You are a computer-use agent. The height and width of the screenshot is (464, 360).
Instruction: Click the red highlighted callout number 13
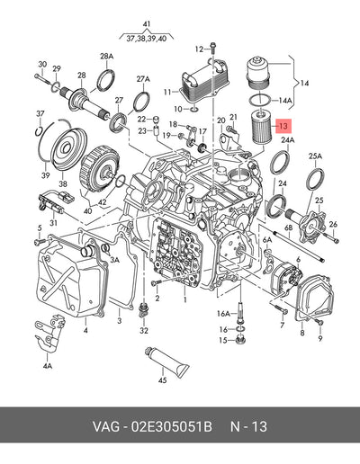[x=283, y=126]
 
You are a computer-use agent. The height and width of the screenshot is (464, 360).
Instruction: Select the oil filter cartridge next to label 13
[x=261, y=127]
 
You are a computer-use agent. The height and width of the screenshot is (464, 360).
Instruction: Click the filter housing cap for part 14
[x=257, y=72]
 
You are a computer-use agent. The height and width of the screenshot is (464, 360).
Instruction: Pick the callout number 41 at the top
[x=147, y=24]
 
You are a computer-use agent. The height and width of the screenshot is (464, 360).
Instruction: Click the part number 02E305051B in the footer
[x=171, y=426]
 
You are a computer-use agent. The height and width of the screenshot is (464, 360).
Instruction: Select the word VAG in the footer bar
[x=106, y=426]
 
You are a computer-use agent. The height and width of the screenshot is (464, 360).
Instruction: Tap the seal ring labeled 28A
[x=106, y=80]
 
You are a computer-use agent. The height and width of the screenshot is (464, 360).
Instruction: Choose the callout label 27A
[x=143, y=79]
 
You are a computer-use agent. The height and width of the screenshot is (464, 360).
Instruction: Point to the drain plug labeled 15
[x=240, y=341]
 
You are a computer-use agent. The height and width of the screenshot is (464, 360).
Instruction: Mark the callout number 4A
[x=48, y=366]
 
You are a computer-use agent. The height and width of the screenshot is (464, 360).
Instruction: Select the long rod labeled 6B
[x=300, y=246]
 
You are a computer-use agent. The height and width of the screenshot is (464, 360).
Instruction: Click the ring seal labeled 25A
[x=315, y=180]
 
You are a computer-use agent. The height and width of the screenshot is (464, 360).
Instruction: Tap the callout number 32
[x=144, y=330]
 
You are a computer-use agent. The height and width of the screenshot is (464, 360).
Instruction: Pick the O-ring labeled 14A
[x=259, y=100]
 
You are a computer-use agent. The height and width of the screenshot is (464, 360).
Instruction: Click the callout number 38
[x=63, y=183]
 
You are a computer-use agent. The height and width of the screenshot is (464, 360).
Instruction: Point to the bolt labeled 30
[x=42, y=79]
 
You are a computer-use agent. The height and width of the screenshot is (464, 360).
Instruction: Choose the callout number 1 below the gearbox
[x=185, y=299]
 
